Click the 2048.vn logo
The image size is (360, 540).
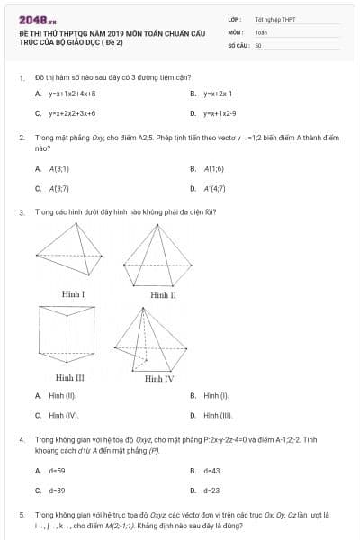38,19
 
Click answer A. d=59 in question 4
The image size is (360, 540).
57,470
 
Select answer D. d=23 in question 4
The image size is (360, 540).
211,490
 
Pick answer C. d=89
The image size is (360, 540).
57,490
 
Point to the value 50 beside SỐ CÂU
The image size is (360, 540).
258,43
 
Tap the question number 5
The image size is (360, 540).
21,514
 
